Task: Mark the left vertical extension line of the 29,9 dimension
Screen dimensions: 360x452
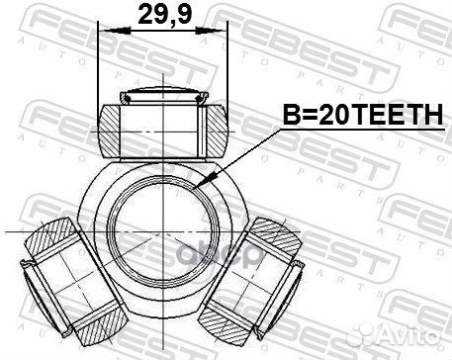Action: pyautogui.click(x=99, y=69)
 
